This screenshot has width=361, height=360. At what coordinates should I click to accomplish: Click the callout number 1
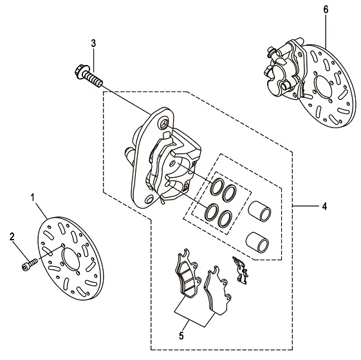click(x=33, y=197)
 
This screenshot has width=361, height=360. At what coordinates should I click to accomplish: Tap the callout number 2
click(x=12, y=237)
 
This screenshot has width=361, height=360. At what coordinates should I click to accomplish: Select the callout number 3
click(x=93, y=43)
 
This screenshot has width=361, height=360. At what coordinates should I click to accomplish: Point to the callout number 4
click(x=324, y=206)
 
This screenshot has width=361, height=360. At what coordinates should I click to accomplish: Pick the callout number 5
click(x=181, y=336)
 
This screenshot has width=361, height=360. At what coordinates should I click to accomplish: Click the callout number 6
click(x=326, y=10)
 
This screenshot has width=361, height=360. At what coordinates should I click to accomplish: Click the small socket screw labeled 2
click(x=30, y=264)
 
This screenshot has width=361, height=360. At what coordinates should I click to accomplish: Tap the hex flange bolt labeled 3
click(x=89, y=75)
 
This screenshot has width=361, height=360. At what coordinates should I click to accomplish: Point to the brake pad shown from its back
click(x=217, y=290)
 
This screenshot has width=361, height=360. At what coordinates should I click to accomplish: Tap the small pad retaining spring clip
click(x=241, y=270)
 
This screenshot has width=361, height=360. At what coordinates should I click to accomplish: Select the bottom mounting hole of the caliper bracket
click(x=150, y=199)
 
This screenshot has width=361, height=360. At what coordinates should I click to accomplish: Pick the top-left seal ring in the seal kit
click(x=217, y=187)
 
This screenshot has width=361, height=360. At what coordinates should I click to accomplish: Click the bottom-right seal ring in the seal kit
click(x=224, y=219)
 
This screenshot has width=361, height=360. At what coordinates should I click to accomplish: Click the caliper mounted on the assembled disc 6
click(x=286, y=69)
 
